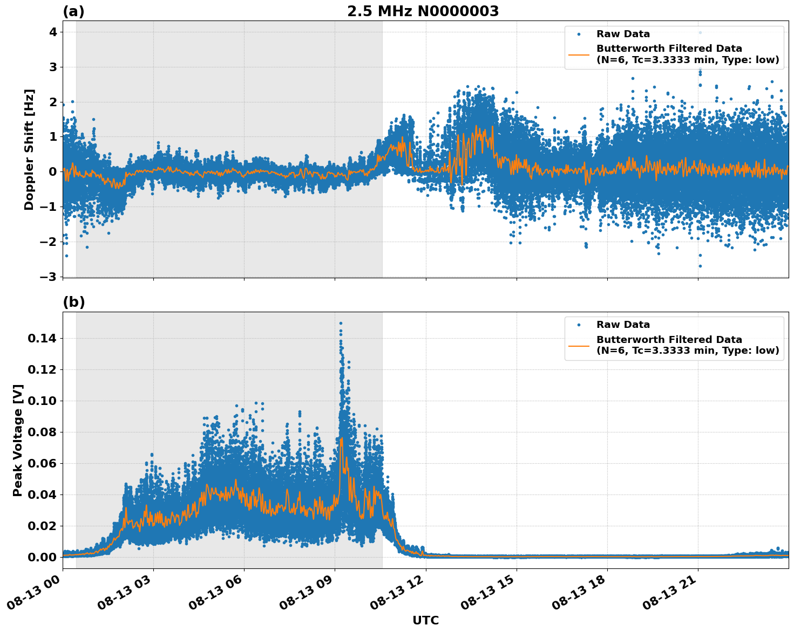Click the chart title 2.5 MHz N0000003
[x=423, y=11]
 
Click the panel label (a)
[x=73, y=11]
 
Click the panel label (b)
[x=73, y=303]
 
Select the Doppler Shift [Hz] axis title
[x=29, y=149]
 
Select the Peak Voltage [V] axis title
[x=18, y=440]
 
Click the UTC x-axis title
[x=425, y=620]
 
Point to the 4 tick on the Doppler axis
[x=53, y=32]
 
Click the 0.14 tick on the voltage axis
[x=42, y=339]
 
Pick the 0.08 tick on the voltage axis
[x=42, y=432]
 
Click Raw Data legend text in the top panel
[x=623, y=34]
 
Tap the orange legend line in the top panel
[x=579, y=54]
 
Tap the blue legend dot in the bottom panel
[x=579, y=325]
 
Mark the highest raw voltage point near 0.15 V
[x=341, y=323]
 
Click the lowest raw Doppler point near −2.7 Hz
[x=700, y=266]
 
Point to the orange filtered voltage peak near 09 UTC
[x=341, y=438]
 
